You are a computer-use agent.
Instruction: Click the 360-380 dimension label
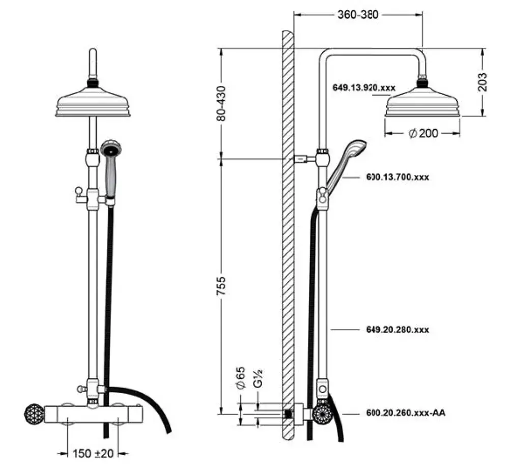point(358,15)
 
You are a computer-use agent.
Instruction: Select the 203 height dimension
point(483,82)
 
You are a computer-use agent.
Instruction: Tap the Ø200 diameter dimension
point(423,133)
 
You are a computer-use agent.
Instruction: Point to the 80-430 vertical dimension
point(221,103)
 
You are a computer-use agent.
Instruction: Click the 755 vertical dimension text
point(221,286)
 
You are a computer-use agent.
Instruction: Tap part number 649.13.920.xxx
point(364,88)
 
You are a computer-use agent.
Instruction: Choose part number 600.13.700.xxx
point(398,178)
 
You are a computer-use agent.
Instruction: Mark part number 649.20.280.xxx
point(398,330)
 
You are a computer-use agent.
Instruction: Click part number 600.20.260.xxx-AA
point(406,413)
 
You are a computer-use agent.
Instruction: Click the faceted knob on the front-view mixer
point(33,412)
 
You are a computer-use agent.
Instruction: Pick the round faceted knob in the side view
point(323,413)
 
